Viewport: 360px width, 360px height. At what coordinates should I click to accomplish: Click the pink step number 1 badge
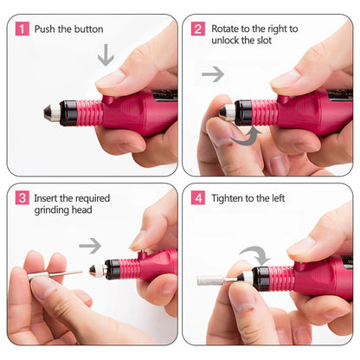(x=22, y=29)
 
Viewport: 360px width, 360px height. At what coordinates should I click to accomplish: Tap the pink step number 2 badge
(x=198, y=29)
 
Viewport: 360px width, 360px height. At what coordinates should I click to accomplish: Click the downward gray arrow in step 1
(x=106, y=56)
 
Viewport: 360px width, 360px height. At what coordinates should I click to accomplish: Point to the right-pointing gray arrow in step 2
(x=212, y=75)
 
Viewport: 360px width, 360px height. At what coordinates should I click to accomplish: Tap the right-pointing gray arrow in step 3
(x=90, y=247)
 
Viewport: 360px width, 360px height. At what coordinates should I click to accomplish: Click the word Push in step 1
(x=47, y=29)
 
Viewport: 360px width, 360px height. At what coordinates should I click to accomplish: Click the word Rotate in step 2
(x=227, y=29)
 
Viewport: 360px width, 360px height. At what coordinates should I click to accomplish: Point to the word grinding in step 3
(x=55, y=211)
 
